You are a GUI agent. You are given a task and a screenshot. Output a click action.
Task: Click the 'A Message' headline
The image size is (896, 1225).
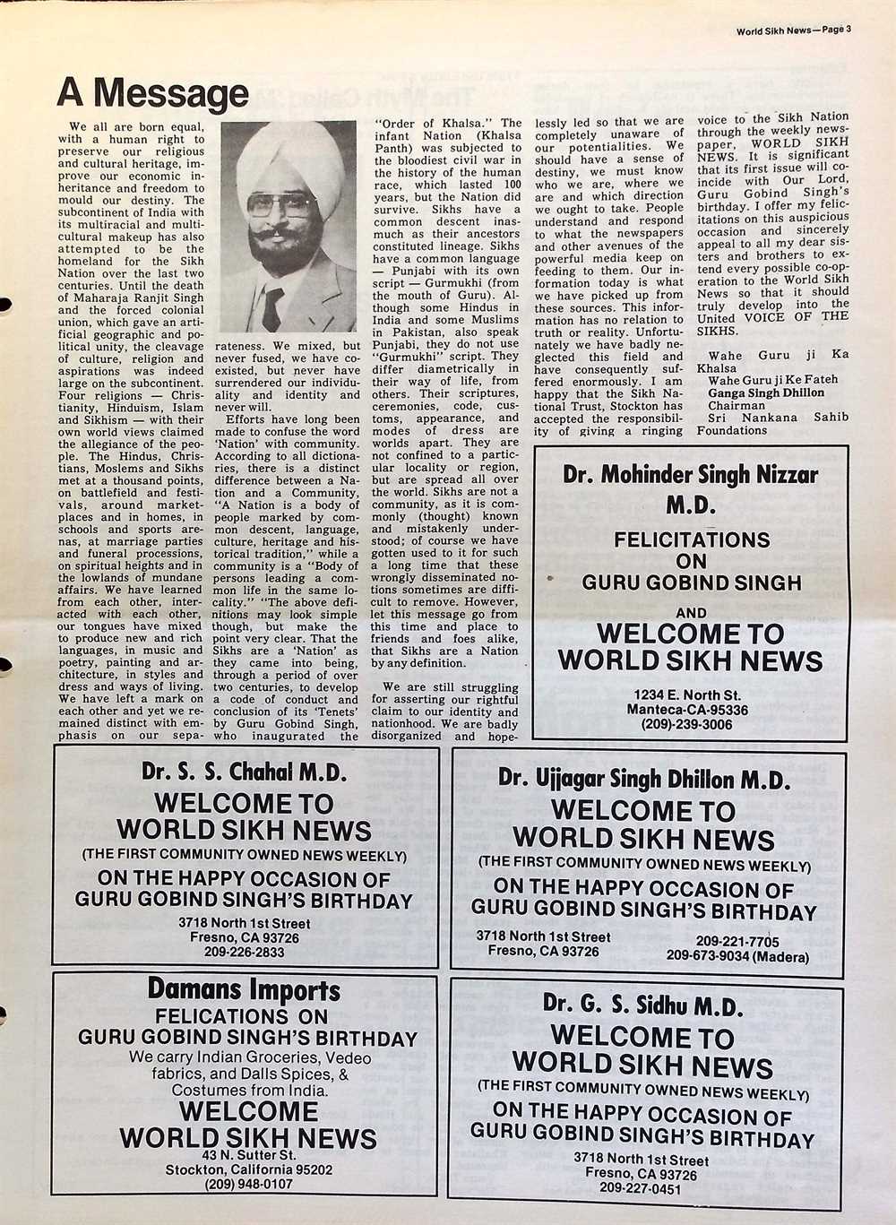tap(152, 92)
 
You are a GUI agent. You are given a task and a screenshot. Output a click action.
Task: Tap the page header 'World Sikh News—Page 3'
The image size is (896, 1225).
tap(793, 29)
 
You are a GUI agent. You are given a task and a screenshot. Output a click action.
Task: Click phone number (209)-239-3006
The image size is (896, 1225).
tap(686, 724)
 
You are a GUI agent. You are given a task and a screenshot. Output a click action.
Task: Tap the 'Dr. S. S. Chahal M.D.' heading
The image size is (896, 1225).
tap(244, 772)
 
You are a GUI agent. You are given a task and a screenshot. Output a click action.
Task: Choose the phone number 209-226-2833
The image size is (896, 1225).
tap(244, 952)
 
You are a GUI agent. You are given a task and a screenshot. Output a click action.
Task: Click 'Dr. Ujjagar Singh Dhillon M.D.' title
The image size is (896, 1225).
tap(644, 779)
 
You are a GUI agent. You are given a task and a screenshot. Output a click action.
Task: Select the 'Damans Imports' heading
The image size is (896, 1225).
tap(244, 990)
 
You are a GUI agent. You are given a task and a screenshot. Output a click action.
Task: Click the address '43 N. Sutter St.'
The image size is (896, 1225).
tap(248, 1154)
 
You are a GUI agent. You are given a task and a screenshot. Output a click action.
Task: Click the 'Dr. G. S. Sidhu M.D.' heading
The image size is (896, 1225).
tap(643, 1005)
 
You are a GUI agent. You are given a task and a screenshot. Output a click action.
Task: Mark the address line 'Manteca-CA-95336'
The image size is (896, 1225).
tap(687, 710)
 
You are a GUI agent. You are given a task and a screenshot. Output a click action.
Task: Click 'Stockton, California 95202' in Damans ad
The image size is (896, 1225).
tap(249, 1169)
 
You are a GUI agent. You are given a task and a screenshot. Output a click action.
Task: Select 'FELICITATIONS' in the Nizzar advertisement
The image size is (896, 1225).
tap(692, 540)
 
